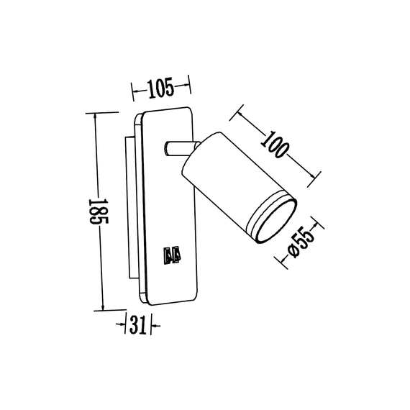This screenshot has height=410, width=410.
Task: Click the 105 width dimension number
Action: (x=162, y=89)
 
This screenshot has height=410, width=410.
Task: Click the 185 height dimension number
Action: (x=94, y=211)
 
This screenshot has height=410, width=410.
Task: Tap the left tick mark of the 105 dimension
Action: (x=133, y=89)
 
